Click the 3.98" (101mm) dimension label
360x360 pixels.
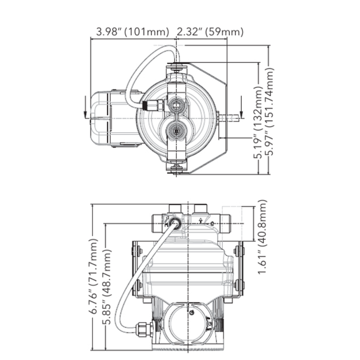coord(133,32)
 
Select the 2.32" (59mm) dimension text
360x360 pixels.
coord(210,32)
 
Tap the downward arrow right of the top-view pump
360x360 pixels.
coord(241,111)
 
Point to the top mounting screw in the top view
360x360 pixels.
coord(177,67)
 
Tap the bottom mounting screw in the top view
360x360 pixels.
coord(177,168)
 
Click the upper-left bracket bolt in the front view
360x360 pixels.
coord(137,251)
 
